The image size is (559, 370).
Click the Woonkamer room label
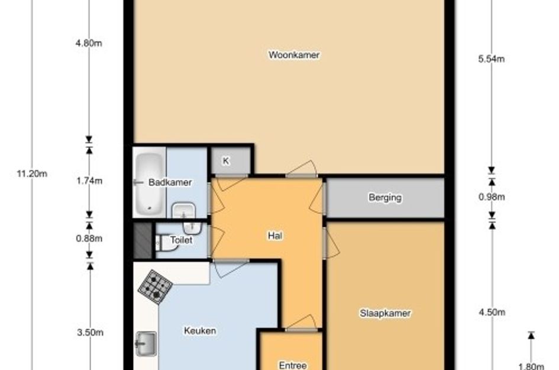[294, 55]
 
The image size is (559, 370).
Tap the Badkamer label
[170, 182]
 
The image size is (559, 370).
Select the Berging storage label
[385, 198]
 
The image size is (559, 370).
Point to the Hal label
[275, 236]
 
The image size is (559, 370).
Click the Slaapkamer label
[385, 313]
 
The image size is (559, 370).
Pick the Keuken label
[200, 331]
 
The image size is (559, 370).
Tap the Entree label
[293, 365]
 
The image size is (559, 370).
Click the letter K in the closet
[225, 161]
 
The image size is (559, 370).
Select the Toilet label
[181, 240]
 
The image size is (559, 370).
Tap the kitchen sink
[146, 343]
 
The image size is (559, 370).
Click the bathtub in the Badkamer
[150, 185]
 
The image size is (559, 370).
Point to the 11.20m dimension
[32, 174]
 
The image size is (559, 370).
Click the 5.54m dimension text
[491, 59]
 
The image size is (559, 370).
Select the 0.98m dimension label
[492, 197]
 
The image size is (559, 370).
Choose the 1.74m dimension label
[89, 181]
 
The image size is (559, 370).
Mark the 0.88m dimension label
[89, 239]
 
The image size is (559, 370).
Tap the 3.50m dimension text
[90, 333]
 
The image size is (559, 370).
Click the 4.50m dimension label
[492, 312]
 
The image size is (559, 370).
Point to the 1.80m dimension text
[531, 366]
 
